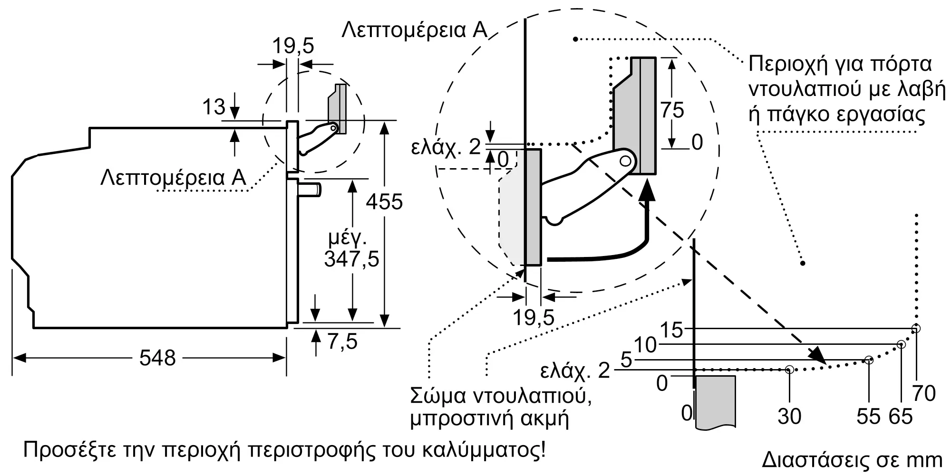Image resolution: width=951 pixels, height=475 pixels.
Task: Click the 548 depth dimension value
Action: pyautogui.click(x=157, y=358)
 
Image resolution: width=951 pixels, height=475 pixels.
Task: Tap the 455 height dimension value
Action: pyautogui.click(x=384, y=202)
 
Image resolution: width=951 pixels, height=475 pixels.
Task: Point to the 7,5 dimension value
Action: pyautogui.click(x=342, y=341)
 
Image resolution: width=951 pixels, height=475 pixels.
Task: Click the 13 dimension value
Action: pyautogui.click(x=213, y=107)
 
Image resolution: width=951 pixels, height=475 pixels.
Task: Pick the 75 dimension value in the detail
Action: pyautogui.click(x=672, y=110)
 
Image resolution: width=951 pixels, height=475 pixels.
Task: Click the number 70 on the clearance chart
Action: pyautogui.click(x=924, y=394)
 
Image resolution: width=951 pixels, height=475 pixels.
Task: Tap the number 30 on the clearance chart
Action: pyautogui.click(x=789, y=417)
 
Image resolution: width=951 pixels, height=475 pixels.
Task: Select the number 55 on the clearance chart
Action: pyautogui.click(x=868, y=417)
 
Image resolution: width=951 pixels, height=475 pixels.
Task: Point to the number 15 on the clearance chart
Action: pyautogui.click(x=671, y=330)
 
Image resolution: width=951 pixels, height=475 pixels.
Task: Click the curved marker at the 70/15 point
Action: pyautogui.click(x=916, y=328)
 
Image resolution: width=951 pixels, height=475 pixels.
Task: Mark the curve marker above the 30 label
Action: pyautogui.click(x=789, y=369)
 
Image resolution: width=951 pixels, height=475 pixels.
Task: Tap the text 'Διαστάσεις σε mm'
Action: pyautogui.click(x=852, y=460)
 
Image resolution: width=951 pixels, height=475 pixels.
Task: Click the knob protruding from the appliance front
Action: pyautogui.click(x=310, y=190)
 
